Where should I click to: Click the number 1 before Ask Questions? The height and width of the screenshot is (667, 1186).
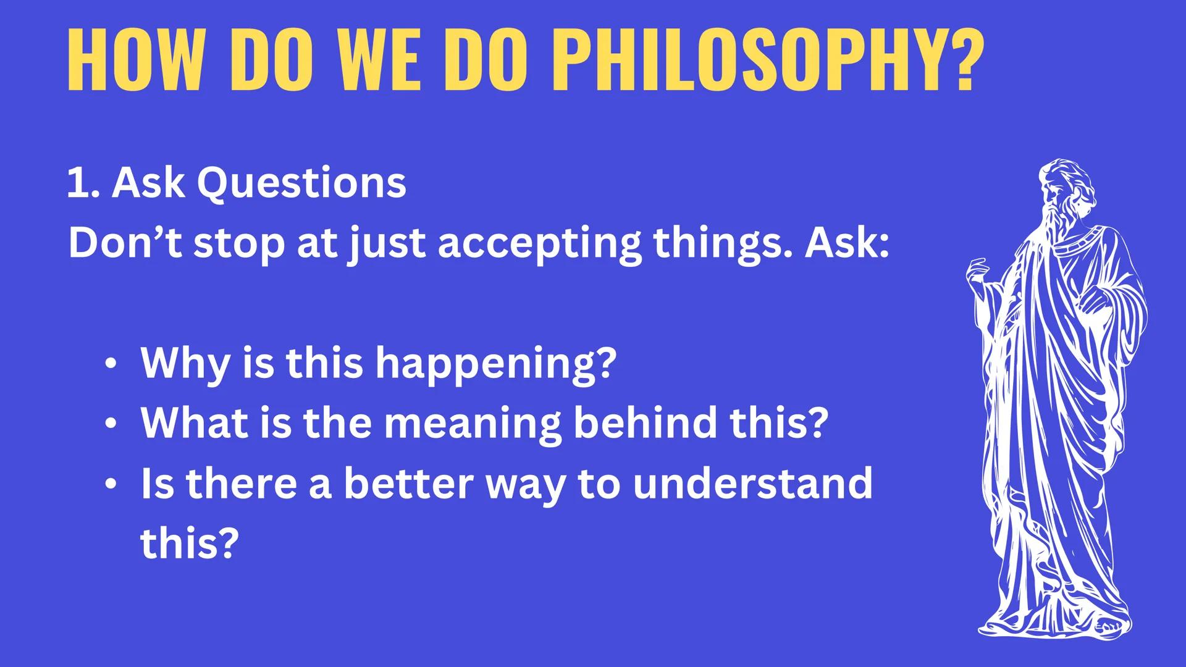(78, 183)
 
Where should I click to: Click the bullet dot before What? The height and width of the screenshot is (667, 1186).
(110, 424)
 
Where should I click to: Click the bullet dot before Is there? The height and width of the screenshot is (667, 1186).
(110, 484)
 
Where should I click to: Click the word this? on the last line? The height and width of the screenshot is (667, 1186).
(189, 542)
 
